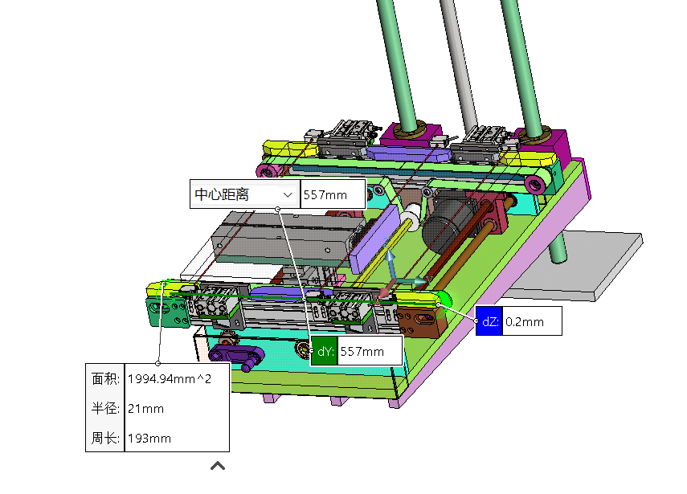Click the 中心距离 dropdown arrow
(288, 194)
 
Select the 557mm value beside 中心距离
(325, 195)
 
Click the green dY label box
(325, 351)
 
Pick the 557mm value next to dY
(362, 351)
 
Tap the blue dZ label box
(489, 322)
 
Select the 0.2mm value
(525, 322)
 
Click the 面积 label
(105, 378)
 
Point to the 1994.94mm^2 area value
(170, 378)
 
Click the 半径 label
(105, 408)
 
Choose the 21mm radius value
(146, 409)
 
